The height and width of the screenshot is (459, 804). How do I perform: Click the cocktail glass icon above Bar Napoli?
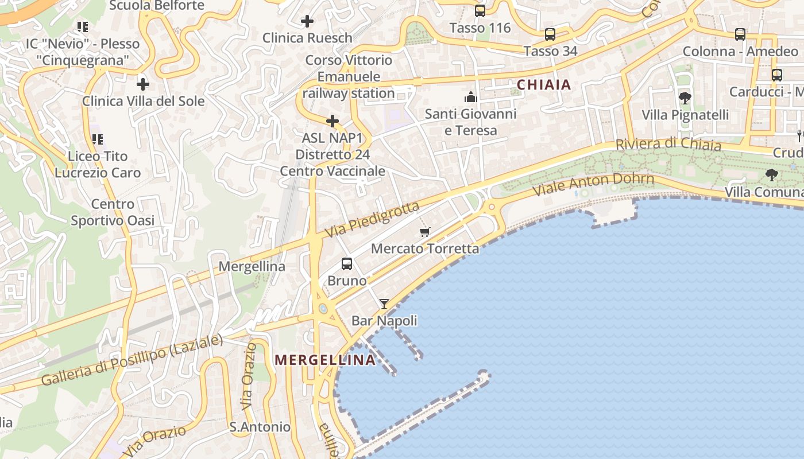384,304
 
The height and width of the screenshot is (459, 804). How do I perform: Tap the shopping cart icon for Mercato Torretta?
425,232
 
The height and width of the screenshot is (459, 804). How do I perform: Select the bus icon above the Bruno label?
347,264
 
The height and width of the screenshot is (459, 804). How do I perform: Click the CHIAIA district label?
544,85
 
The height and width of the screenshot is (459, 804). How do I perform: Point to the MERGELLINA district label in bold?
325,360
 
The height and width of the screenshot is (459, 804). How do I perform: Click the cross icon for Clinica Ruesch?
307,22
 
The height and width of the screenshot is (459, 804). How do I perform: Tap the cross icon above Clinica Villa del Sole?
143,84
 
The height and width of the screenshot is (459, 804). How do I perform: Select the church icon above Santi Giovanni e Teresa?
471,96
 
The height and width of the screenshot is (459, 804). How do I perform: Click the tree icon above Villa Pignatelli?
685,98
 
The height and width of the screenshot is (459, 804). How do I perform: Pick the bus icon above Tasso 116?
480,11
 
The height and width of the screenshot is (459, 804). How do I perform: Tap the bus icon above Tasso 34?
550,34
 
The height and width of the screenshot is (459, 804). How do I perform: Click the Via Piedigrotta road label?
372,219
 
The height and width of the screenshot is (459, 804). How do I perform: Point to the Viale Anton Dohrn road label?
594,184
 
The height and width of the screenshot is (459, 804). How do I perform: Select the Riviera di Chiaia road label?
668,144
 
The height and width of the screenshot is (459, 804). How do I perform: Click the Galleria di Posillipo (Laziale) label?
132,360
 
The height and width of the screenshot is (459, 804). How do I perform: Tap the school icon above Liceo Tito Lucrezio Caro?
98,139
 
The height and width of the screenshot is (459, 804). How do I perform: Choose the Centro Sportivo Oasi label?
113,212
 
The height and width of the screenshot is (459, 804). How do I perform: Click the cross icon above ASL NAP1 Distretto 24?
333,121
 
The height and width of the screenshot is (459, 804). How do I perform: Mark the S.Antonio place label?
260,427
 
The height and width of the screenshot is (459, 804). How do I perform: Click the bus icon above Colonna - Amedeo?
740,34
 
